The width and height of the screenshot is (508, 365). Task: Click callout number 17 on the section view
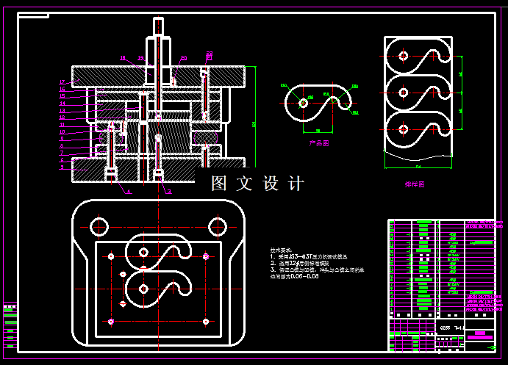pos(62,82)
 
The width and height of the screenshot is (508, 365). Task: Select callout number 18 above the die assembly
pos(123,57)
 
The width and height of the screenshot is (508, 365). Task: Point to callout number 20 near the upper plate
pos(184,57)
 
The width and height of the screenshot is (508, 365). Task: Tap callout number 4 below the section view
pos(128,192)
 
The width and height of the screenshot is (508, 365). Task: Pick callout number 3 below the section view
pos(169,192)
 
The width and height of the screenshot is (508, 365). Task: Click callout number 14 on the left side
pos(62,103)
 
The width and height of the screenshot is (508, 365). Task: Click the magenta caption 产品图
pos(320,144)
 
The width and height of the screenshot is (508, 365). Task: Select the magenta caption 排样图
pos(415,184)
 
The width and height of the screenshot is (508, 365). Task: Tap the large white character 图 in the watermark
pos(220,184)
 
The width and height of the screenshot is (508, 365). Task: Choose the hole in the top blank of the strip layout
pos(403,55)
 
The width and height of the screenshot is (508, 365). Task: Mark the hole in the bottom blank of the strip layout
pos(403,129)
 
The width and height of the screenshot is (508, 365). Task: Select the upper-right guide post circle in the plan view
pos(217,225)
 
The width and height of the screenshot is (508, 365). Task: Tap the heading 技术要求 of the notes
pos(281,250)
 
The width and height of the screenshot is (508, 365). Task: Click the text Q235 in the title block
pos(446,328)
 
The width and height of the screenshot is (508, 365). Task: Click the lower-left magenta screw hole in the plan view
pos(110,321)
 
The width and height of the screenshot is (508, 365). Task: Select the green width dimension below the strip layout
pos(418,167)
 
